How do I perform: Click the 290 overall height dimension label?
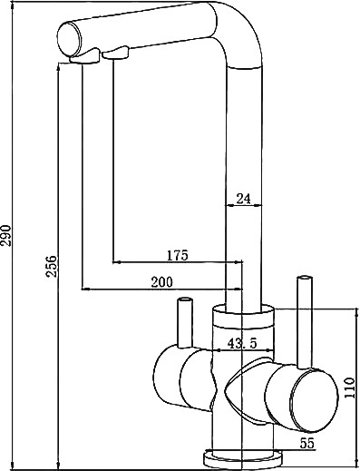point(6,236)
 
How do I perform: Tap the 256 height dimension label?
point(51,266)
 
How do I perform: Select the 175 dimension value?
point(178,255)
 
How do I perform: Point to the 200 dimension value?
point(161,282)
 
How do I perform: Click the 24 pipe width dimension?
point(243,199)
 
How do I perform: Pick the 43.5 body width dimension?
point(242,343)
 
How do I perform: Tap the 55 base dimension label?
point(307,444)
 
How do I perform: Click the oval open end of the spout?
point(69,40)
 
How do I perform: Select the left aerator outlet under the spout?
point(84,56)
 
